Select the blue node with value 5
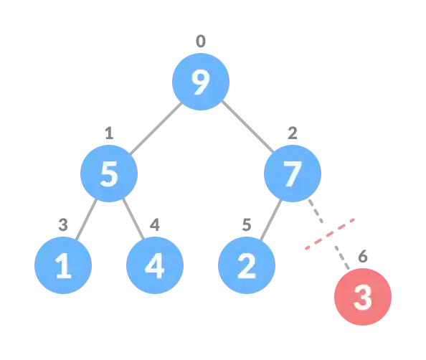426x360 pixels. click(109, 174)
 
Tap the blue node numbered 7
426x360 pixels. click(292, 174)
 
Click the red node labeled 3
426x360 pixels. click(363, 298)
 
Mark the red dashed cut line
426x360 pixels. click(330, 235)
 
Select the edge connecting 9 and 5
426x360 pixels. click(154, 129)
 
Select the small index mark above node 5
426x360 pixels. click(109, 134)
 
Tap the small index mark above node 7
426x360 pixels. click(292, 134)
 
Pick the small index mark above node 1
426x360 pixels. click(63, 227)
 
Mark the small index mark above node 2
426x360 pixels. click(246, 227)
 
